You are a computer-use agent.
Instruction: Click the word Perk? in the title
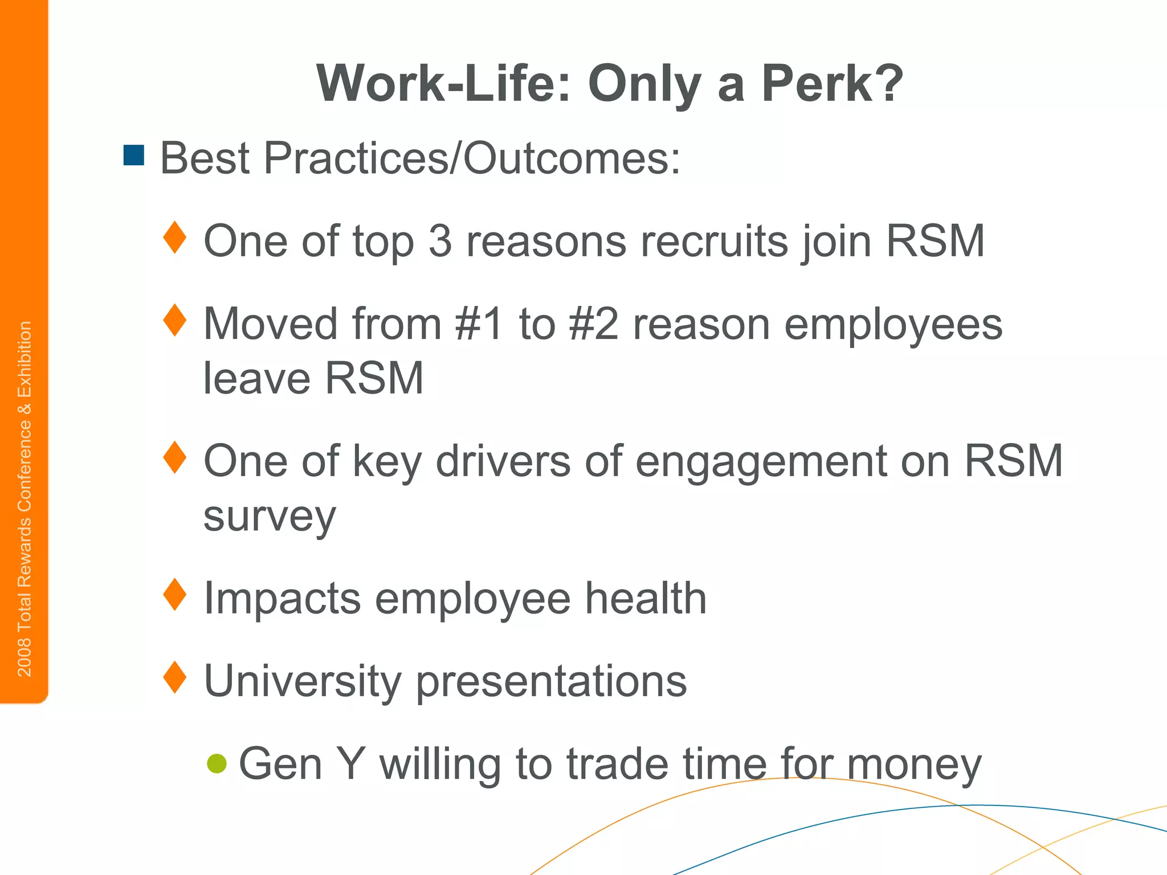831,84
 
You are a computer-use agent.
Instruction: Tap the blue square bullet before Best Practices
134,156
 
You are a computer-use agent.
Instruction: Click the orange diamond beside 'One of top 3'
175,238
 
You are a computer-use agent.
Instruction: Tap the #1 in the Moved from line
479,324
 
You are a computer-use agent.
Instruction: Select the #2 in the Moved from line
593,324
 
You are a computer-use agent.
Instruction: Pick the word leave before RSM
257,378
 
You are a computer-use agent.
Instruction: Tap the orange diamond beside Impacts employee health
175,595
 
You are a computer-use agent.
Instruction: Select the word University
303,681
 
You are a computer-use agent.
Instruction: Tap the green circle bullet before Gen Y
217,763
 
